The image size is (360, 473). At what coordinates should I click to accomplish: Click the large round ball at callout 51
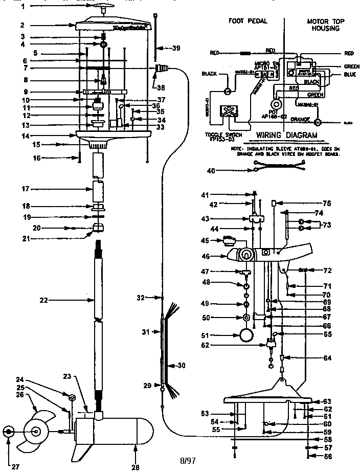tap(246, 335)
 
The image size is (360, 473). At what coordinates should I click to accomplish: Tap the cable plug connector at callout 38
tap(163, 67)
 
